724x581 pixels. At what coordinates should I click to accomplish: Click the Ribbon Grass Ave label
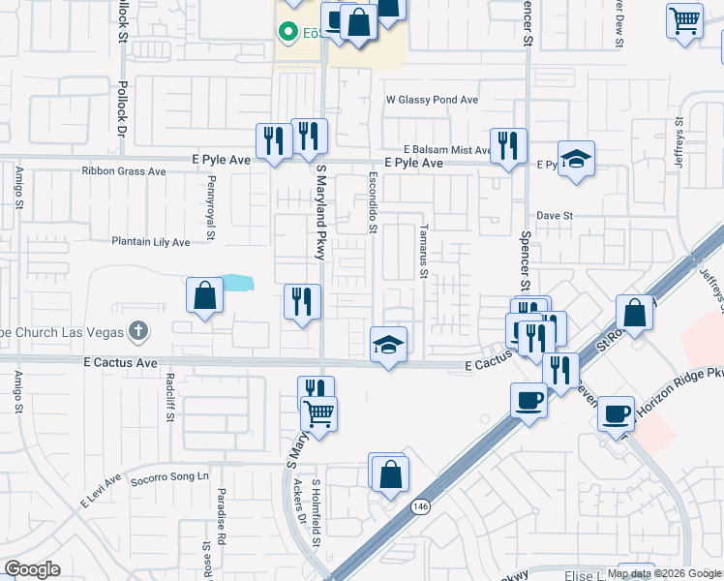(x=124, y=171)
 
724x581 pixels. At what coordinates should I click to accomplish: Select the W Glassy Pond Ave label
(x=433, y=99)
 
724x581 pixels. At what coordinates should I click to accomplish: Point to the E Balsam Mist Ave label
(x=449, y=150)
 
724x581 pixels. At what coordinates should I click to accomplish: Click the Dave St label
(x=556, y=216)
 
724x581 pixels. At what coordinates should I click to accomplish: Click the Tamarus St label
(x=424, y=251)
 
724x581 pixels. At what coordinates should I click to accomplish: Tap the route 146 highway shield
(x=420, y=506)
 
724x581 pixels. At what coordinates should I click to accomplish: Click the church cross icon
(x=137, y=332)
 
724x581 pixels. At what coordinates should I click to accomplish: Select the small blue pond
(x=236, y=284)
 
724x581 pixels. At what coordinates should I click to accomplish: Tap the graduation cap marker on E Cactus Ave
(x=388, y=345)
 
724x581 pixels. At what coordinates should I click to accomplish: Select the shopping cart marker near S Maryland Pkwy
(x=318, y=413)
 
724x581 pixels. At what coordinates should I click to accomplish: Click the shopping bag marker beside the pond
(x=204, y=294)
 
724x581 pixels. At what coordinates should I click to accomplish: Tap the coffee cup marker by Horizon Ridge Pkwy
(x=616, y=414)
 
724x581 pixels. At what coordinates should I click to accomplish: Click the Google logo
(x=33, y=569)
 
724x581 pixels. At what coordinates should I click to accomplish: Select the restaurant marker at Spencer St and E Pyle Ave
(x=508, y=146)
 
